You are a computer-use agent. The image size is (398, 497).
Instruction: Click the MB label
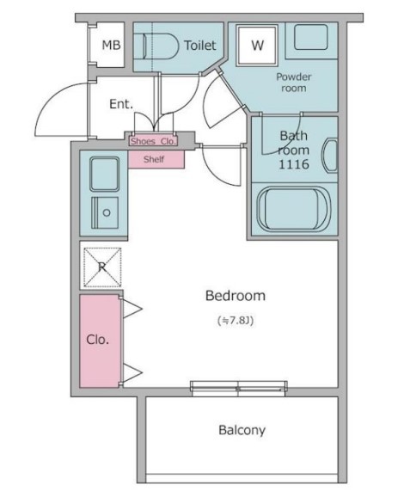(111, 45)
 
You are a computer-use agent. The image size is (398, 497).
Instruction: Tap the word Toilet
(200, 46)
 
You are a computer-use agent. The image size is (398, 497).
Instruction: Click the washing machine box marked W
(257, 46)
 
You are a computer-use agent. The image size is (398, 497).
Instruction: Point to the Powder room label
(294, 82)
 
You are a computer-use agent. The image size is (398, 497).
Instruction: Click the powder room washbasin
(311, 37)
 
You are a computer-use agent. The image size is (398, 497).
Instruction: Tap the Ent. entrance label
(121, 104)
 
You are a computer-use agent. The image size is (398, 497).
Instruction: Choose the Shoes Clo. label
(153, 141)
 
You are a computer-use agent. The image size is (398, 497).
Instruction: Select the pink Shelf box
(156, 159)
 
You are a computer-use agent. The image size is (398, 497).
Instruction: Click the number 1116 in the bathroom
(294, 164)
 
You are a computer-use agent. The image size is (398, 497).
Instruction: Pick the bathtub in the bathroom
(294, 208)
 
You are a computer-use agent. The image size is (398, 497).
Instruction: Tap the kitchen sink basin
(105, 174)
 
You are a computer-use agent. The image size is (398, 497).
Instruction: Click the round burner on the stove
(107, 212)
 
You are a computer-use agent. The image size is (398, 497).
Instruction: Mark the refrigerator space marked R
(102, 267)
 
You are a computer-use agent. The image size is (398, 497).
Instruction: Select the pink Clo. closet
(100, 341)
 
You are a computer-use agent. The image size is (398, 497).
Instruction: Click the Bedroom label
(236, 296)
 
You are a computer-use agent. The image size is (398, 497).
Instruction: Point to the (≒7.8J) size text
(236, 321)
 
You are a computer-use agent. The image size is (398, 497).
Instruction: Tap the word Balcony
(242, 430)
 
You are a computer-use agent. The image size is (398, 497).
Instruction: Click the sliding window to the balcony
(239, 389)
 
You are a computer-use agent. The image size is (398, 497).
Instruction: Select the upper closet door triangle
(132, 308)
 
